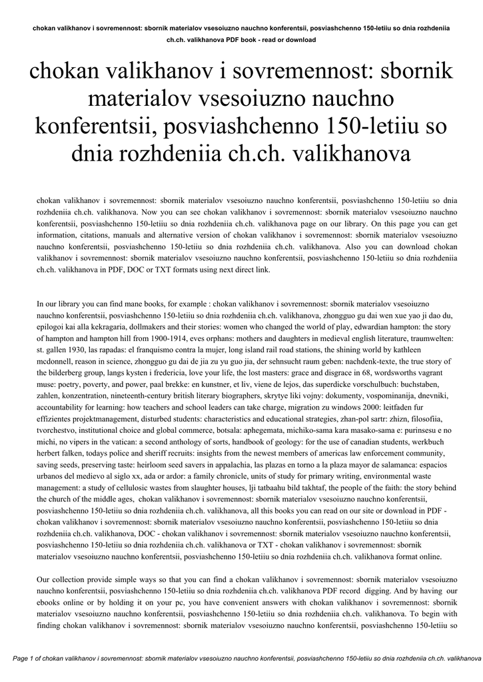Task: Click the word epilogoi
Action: pos(54,326)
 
